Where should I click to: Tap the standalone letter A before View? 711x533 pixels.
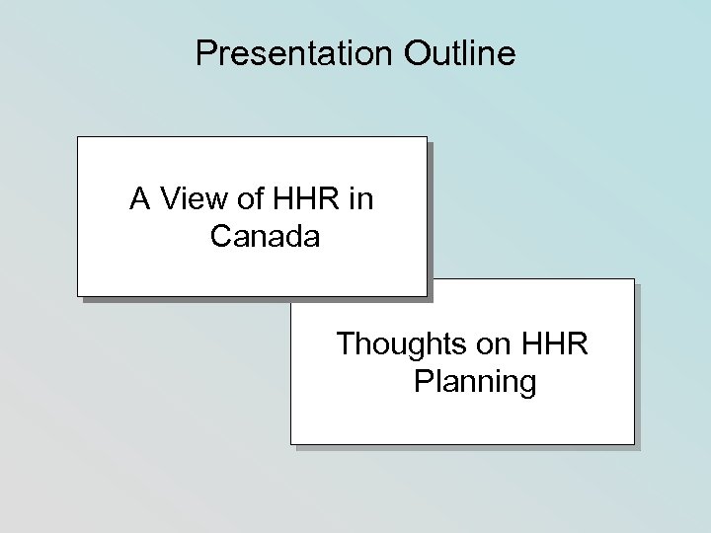tap(139, 200)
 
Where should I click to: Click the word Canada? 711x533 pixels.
tap(265, 237)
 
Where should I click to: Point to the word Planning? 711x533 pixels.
tap(476, 381)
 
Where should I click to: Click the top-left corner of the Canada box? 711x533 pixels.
tap(79, 137)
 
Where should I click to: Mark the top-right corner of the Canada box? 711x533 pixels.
tap(427, 137)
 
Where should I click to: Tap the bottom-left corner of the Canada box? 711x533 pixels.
tap(79, 295)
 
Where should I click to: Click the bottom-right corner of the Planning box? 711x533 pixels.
tap(633, 444)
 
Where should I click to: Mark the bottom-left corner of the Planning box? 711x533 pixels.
tap(291, 444)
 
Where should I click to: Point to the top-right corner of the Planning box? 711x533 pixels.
tap(633, 279)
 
